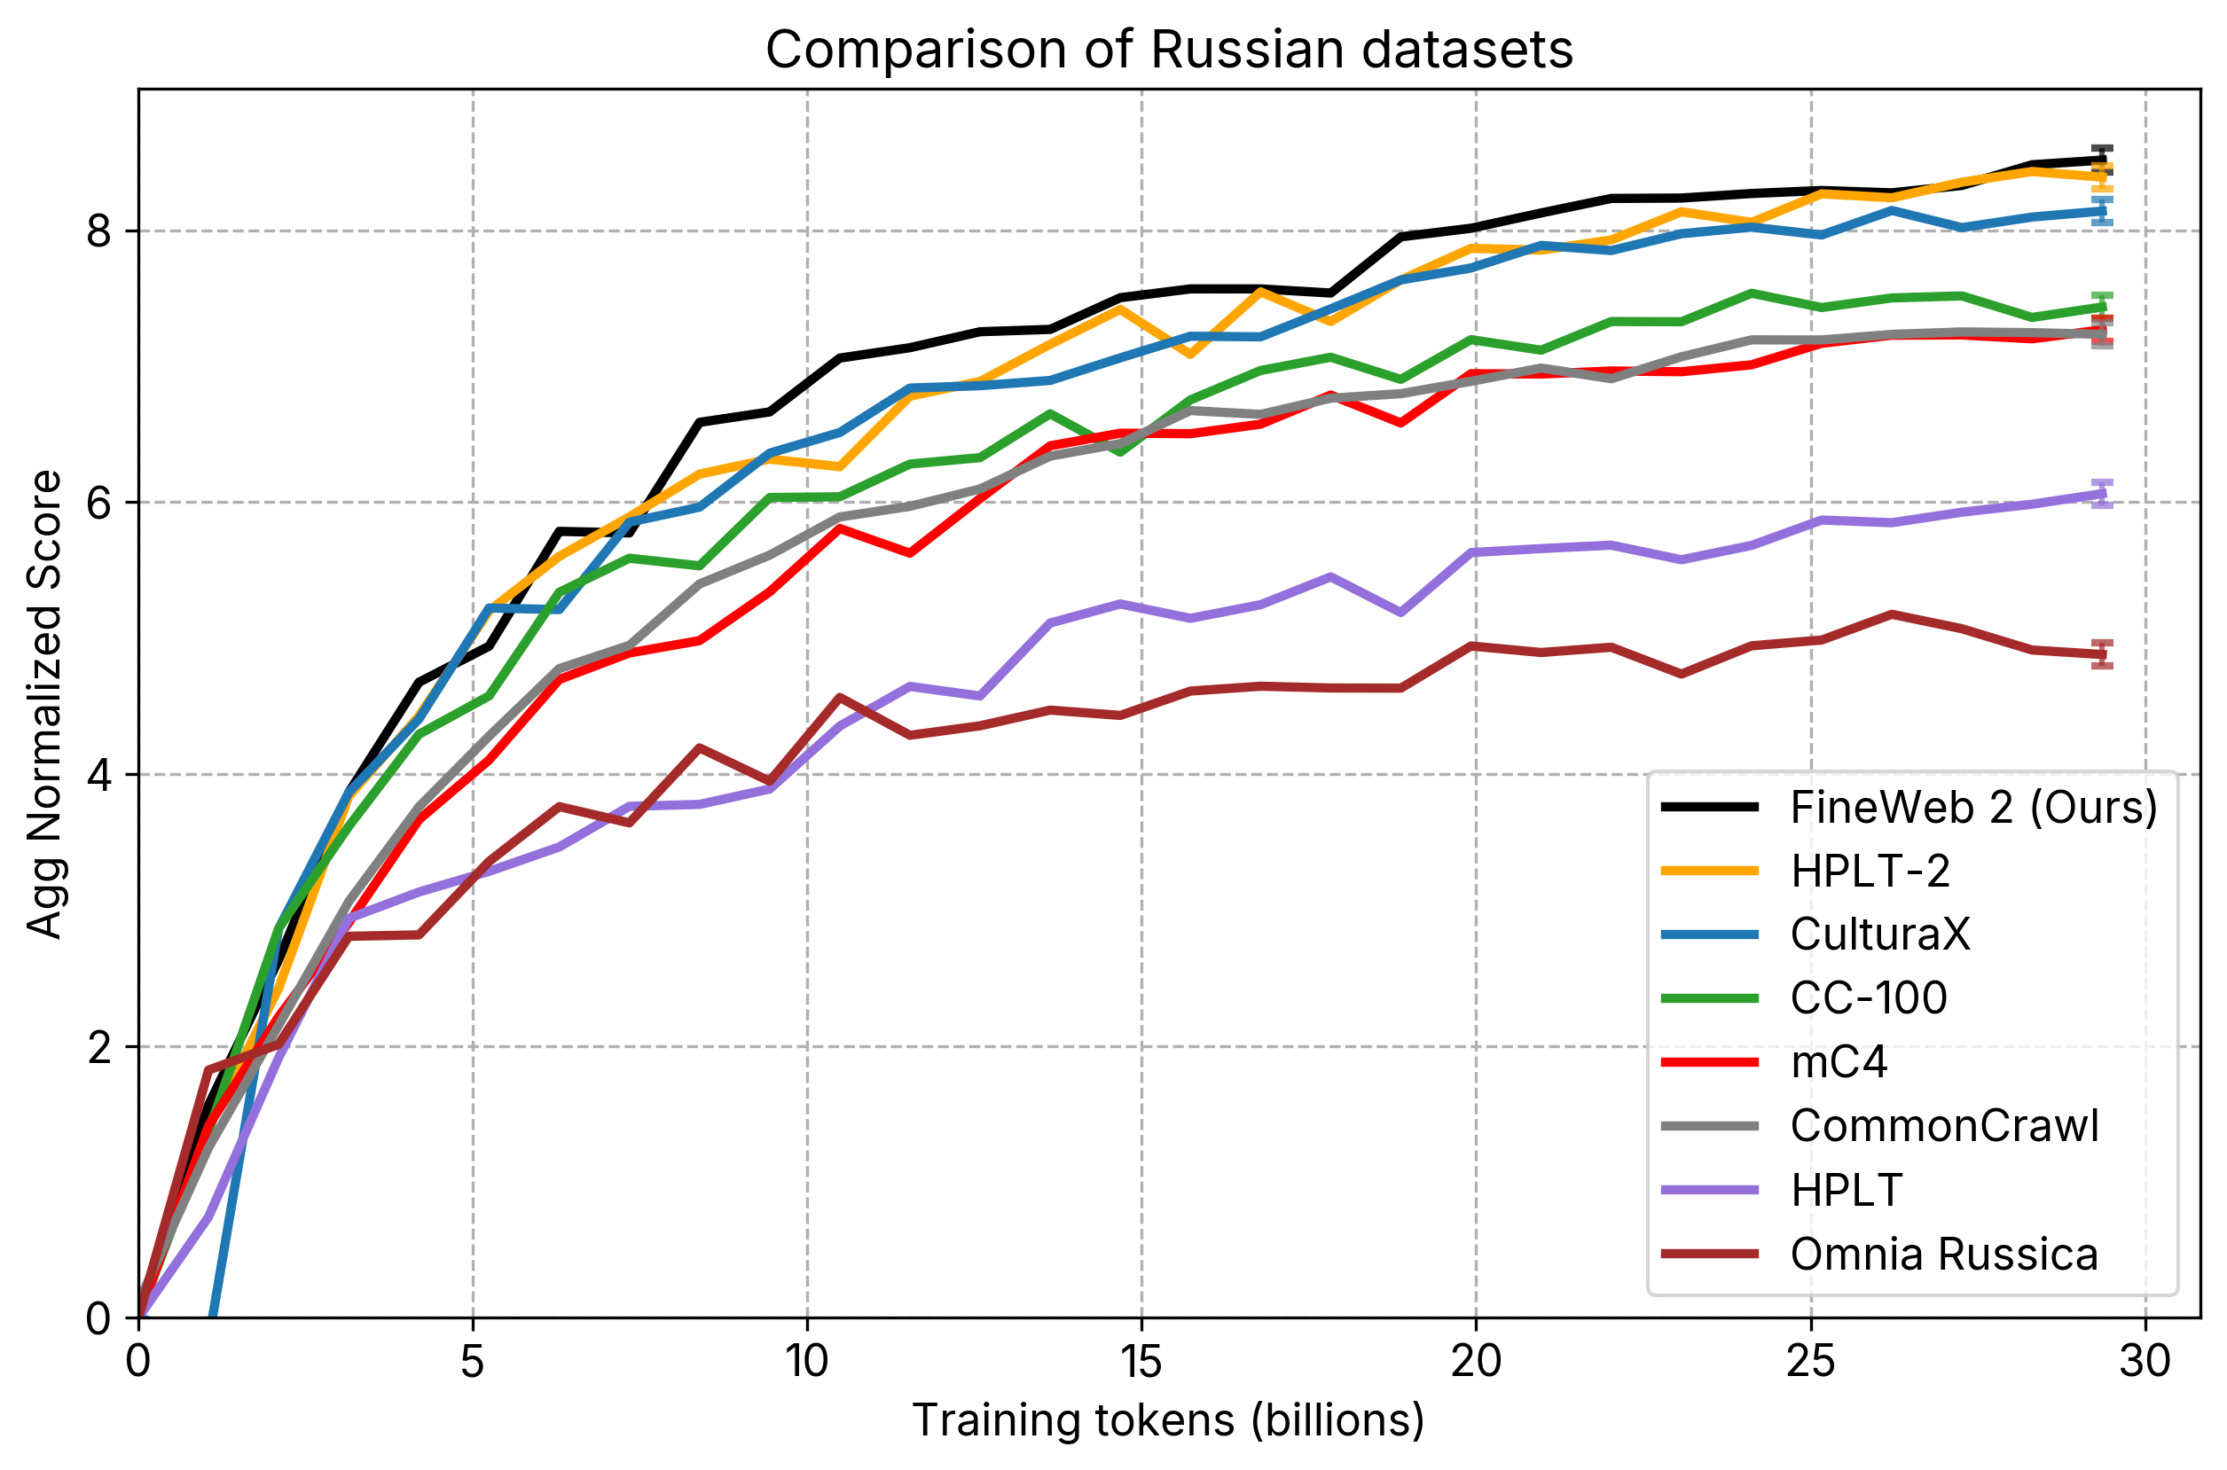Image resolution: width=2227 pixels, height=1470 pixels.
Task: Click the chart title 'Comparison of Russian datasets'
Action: [x=1168, y=50]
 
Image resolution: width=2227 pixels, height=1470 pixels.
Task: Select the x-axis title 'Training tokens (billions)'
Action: [x=1168, y=1419]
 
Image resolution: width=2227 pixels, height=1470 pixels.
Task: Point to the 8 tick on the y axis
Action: [x=98, y=231]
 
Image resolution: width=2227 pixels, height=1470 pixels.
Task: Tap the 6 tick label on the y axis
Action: [x=98, y=503]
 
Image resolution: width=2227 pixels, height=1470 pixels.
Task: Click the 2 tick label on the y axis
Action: [x=98, y=1046]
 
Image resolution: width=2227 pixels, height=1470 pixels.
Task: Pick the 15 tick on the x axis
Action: [x=1141, y=1360]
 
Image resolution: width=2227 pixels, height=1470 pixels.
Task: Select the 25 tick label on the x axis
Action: [x=1811, y=1360]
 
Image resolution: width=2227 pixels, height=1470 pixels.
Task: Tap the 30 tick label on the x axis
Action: [x=2145, y=1360]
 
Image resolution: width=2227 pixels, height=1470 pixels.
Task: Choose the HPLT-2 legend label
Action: [x=1870, y=871]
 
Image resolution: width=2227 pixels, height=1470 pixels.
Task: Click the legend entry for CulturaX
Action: [x=1880, y=934]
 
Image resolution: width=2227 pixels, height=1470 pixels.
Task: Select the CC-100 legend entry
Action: [x=1868, y=997]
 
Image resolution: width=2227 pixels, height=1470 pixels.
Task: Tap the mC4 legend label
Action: [x=1838, y=1062]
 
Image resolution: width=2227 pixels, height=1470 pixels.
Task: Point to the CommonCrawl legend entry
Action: [x=1944, y=1125]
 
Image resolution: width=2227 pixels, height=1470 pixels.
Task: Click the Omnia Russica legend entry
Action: [x=1943, y=1254]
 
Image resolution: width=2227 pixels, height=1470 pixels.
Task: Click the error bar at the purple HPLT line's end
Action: [x=2102, y=493]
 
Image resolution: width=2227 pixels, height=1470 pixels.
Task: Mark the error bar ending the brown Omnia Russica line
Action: [x=2102, y=654]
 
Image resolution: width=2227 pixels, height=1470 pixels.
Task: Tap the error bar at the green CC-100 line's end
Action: [x=2102, y=306]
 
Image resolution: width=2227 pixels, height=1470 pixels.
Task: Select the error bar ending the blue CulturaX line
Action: [x=2102, y=211]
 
